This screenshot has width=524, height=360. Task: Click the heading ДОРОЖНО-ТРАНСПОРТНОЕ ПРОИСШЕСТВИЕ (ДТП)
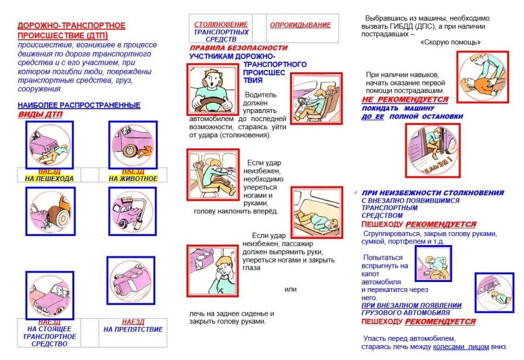[x=71, y=31]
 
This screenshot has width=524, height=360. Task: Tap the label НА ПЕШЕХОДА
[x=49, y=178]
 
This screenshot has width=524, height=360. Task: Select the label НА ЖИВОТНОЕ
[x=133, y=178]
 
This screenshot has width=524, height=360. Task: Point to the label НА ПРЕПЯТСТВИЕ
[x=133, y=329]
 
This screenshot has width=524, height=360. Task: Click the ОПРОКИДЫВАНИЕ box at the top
[x=301, y=25]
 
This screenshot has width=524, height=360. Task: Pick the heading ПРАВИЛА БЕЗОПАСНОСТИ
[x=239, y=48]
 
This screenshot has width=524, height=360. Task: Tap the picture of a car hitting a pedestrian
[x=50, y=144]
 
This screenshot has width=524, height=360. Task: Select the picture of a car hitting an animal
[x=133, y=144]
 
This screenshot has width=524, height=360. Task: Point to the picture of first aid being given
[x=483, y=77]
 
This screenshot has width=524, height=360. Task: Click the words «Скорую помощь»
[x=450, y=42]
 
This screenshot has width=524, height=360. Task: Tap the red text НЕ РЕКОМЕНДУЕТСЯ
[x=405, y=99]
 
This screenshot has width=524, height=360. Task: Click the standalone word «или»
[x=291, y=289]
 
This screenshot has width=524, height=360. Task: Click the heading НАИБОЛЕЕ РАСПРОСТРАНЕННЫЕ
[x=79, y=105]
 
